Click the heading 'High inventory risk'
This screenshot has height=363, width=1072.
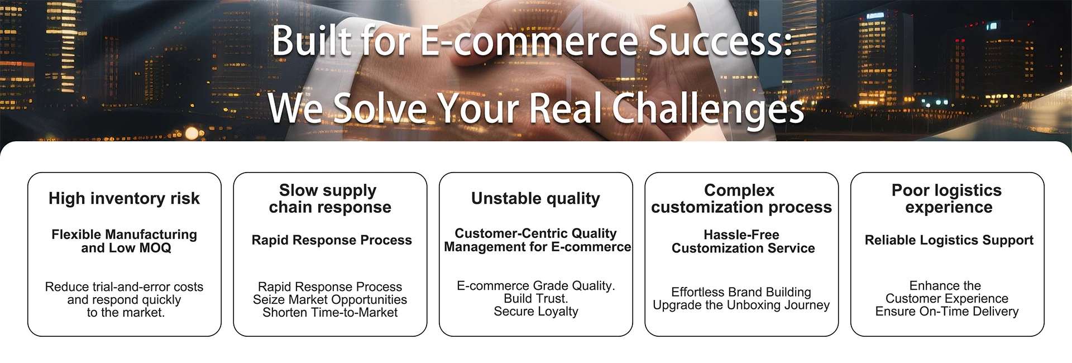124,198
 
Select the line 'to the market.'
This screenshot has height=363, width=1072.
126,313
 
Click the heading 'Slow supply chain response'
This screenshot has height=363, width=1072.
330,199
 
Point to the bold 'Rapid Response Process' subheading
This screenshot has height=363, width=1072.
332,240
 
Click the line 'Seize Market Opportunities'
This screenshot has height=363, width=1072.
330,300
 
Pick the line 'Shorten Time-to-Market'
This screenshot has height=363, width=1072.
330,313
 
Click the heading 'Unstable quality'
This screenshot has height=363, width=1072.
535,199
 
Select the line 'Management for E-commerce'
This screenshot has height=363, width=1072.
537,247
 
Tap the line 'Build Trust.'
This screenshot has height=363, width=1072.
535,299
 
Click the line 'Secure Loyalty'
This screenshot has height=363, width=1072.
536,312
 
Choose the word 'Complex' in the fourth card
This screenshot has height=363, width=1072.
739,190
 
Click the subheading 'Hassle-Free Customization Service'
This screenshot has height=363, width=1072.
743,241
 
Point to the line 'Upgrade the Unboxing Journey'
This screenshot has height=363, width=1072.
741,305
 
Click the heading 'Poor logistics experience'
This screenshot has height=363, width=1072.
947,199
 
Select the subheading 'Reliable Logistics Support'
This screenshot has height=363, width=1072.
949,240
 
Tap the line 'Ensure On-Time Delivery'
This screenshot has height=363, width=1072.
947,312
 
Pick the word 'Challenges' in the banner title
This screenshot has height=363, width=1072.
708,108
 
